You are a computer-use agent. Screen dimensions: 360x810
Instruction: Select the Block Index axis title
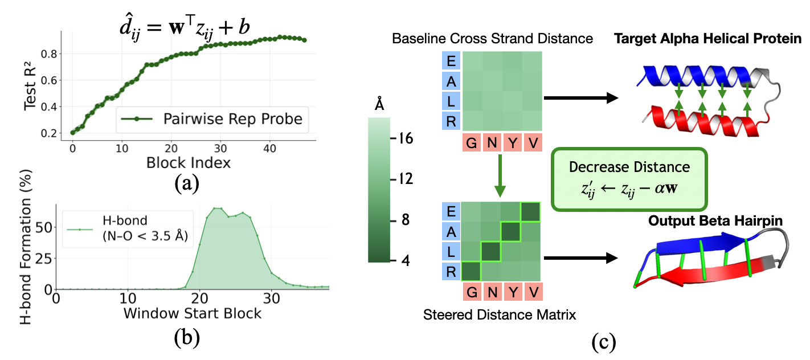coord(187,162)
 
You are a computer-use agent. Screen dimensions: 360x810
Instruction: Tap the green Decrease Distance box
coord(629,177)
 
